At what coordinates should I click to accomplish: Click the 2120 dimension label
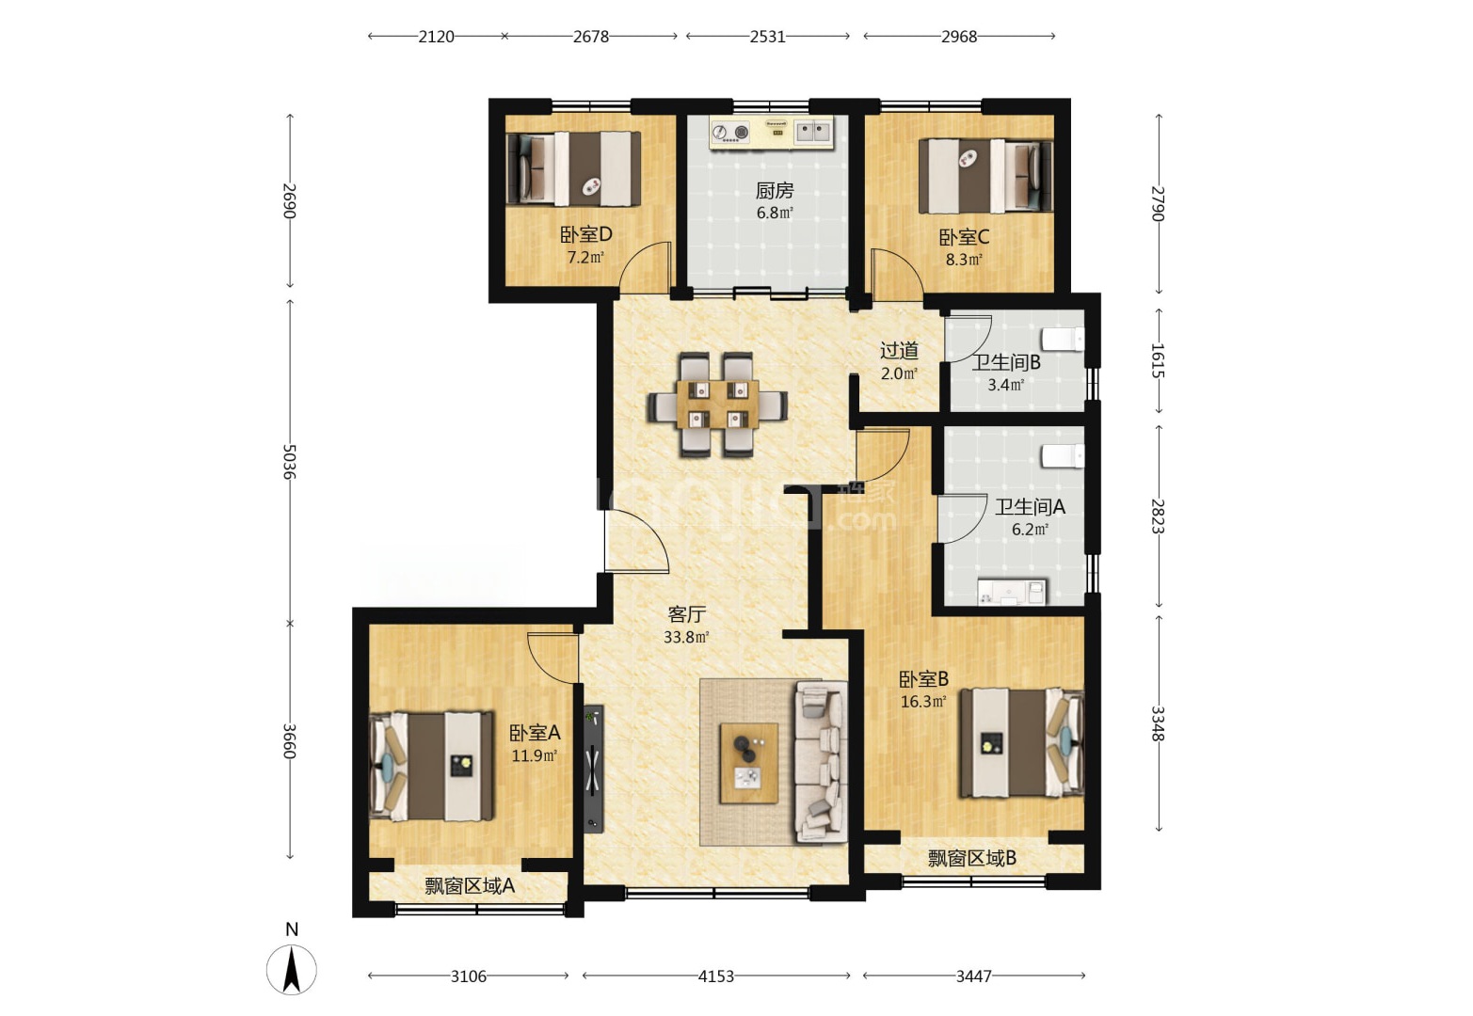(x=436, y=37)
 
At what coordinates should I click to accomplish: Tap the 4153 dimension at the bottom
(x=715, y=976)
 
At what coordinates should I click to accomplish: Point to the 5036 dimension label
(x=289, y=461)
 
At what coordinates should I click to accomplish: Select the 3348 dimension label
(x=1158, y=723)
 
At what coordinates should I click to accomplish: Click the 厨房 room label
(x=775, y=191)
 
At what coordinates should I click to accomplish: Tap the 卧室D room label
(x=586, y=234)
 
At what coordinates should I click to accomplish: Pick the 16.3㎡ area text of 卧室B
(x=923, y=701)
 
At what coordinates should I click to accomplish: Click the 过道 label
(x=899, y=351)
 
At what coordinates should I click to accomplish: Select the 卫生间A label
(x=1029, y=507)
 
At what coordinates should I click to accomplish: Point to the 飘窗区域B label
(x=972, y=858)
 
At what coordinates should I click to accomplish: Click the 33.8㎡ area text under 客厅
(x=686, y=637)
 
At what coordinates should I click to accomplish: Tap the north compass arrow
(x=292, y=969)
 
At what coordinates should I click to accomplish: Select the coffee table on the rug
(x=749, y=763)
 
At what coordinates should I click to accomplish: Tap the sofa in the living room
(x=822, y=762)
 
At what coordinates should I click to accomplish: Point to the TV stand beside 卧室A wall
(x=593, y=769)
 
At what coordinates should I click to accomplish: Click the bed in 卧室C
(x=985, y=176)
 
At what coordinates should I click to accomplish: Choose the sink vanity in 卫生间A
(x=1012, y=592)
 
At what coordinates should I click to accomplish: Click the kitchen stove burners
(x=731, y=132)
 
